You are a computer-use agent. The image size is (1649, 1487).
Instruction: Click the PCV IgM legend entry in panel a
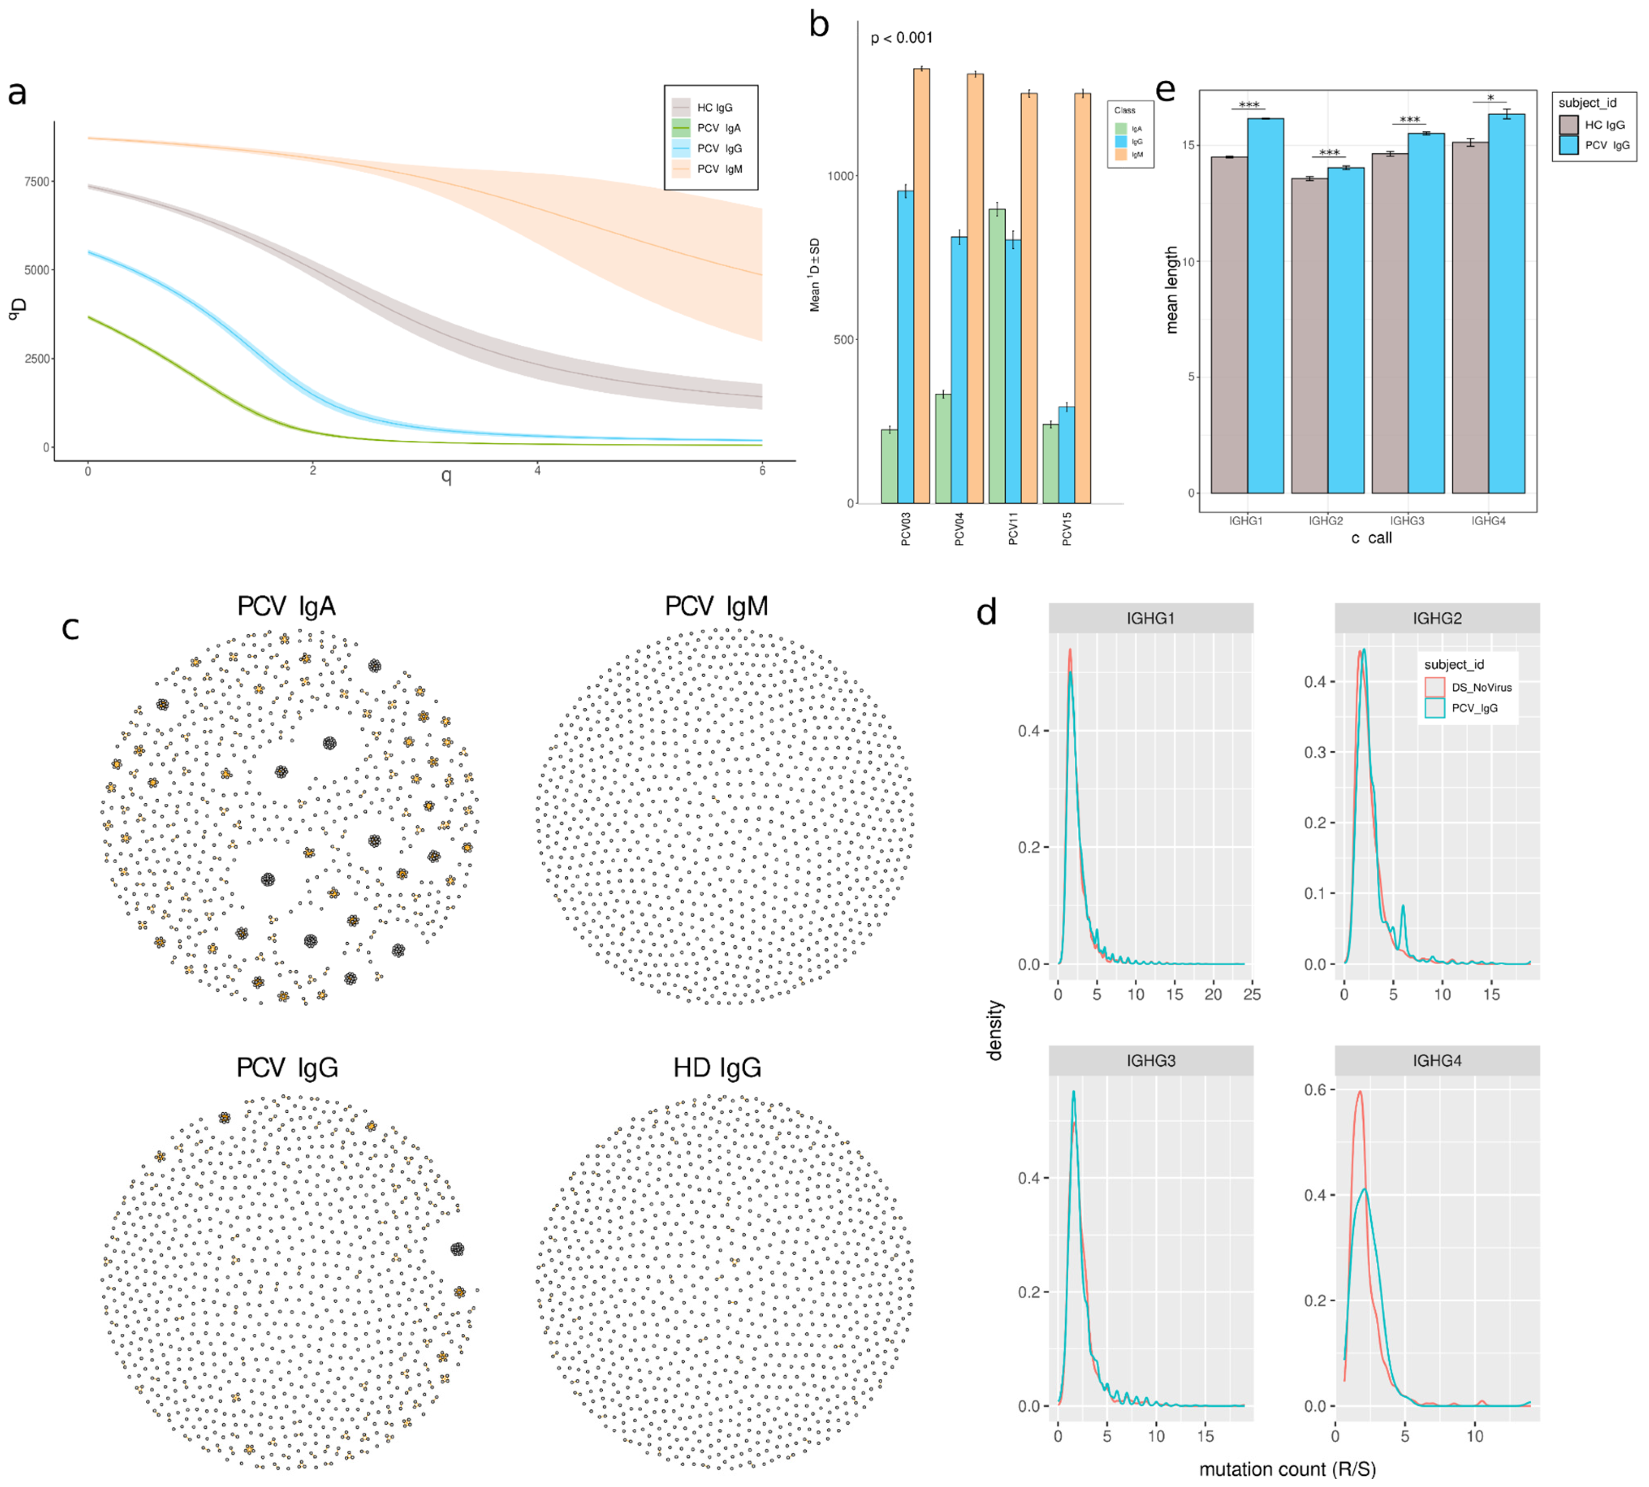pos(719,169)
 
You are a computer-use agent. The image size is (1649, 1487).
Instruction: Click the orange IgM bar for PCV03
pos(921,286)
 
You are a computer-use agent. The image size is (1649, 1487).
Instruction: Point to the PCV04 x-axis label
pos(960,529)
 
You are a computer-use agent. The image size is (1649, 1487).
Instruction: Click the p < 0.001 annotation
pos(901,38)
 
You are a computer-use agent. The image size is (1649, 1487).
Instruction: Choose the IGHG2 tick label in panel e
pos(1325,521)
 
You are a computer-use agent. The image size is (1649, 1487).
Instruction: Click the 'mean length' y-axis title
pos(1172,290)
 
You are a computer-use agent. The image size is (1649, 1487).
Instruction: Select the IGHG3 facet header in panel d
pos(1151,1061)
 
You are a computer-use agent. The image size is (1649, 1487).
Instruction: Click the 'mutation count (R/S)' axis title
pos(1287,1469)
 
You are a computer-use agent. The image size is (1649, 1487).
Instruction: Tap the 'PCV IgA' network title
pos(286,606)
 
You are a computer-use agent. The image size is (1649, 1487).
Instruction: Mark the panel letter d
pos(987,611)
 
